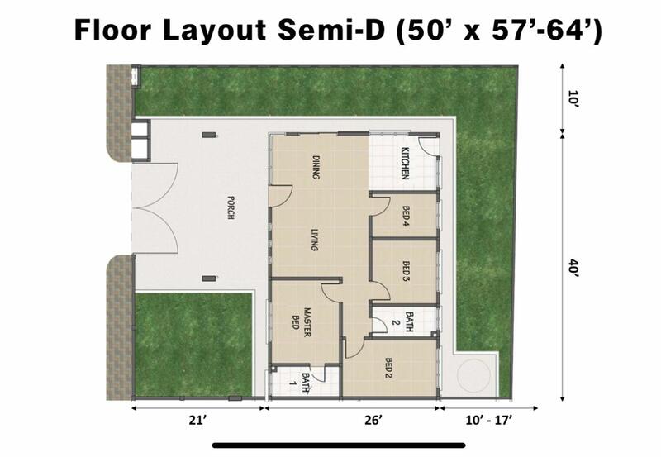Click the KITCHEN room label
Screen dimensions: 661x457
tap(405, 163)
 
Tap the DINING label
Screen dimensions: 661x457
tap(316, 168)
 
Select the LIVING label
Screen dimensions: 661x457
tap(315, 240)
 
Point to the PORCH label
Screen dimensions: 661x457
tap(231, 207)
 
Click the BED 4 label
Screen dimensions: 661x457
tap(406, 217)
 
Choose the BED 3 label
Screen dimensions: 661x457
tap(406, 271)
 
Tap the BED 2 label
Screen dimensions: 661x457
tap(388, 368)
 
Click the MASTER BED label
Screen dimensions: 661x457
tap(302, 322)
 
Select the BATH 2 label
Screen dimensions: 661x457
tap(402, 322)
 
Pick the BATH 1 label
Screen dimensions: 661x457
tap(300, 383)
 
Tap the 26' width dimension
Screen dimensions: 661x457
tap(374, 420)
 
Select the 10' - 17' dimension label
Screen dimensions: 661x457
tap(489, 420)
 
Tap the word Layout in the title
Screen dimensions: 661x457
tap(214, 30)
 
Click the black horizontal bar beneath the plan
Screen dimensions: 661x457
tap(339, 445)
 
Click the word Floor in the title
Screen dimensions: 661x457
tap(112, 30)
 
